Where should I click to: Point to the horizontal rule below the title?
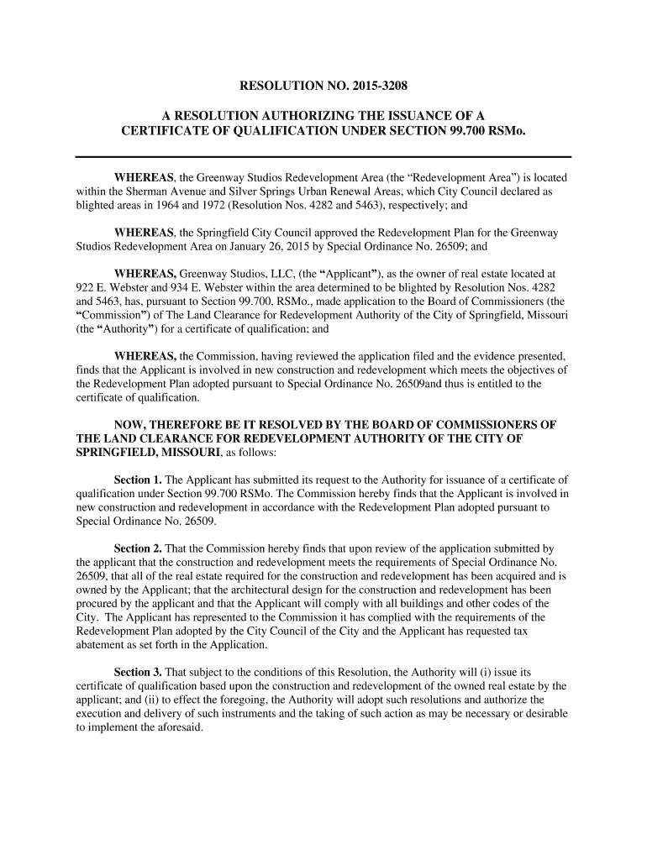323,157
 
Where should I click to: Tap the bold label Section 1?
138,480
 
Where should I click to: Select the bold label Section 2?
138,548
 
